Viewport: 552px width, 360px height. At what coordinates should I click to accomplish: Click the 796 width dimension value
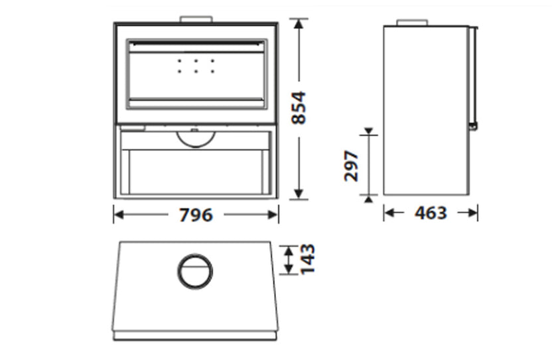(196, 215)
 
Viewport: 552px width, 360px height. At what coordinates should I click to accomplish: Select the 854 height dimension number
(299, 107)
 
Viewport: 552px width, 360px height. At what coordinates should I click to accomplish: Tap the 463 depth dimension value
(431, 213)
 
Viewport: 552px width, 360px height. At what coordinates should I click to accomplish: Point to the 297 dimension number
(351, 166)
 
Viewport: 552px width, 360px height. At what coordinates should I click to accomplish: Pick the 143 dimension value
(307, 259)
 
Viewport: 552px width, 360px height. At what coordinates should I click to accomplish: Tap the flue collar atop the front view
(196, 19)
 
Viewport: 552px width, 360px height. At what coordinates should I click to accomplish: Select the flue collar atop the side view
(412, 23)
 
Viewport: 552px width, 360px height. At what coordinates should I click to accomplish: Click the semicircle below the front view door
(196, 147)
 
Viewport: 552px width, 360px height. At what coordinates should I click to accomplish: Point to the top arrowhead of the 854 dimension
(299, 24)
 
